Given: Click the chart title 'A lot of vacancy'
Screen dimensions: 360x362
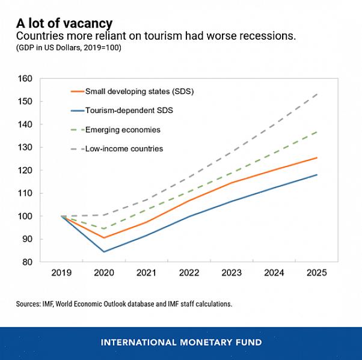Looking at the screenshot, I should (x=64, y=23).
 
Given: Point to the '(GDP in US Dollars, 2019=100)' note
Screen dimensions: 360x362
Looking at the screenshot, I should (x=69, y=48).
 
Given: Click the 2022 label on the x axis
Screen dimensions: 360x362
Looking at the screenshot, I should (x=189, y=272).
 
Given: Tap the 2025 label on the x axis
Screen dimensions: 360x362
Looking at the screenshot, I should (x=316, y=272).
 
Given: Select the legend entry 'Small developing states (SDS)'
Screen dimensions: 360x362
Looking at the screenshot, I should (x=139, y=91).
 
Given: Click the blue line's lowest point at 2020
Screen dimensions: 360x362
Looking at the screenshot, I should (x=103, y=251).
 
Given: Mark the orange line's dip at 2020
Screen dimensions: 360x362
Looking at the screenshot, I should (x=103, y=237).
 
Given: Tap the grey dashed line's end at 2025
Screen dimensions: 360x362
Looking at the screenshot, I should (x=317, y=94).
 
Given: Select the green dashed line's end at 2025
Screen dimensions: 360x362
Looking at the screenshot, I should (x=317, y=132).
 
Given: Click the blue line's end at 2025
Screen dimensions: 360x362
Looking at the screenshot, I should (x=317, y=175).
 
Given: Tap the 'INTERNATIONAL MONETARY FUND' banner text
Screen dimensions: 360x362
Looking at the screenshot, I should (x=181, y=343).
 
